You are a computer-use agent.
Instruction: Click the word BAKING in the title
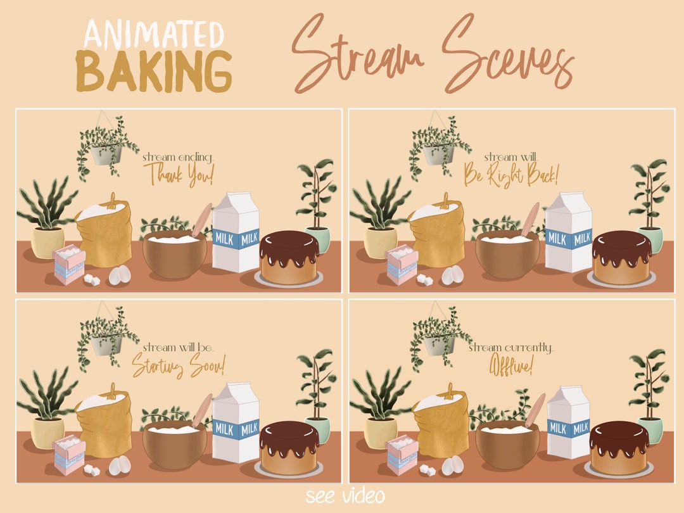click(154, 71)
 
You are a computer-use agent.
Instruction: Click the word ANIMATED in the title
click(155, 35)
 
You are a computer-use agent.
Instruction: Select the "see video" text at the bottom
click(344, 495)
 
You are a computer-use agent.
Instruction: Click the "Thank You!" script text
click(179, 173)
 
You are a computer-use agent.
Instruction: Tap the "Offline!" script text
click(510, 365)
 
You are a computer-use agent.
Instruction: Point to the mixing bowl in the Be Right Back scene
click(507, 253)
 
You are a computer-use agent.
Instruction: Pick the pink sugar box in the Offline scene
click(402, 455)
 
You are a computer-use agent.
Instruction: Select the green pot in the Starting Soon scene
click(319, 429)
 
